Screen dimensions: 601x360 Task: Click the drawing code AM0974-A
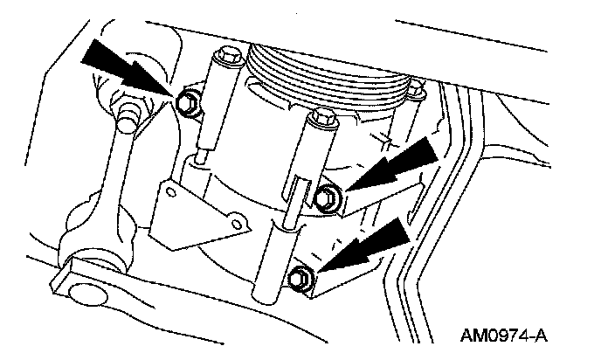tap(504, 336)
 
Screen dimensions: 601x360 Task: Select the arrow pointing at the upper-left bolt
tap(127, 69)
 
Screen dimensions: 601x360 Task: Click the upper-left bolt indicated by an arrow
tap(187, 103)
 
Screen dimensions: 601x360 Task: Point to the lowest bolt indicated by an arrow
tap(300, 277)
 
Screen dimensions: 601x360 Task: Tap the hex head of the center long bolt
tap(322, 117)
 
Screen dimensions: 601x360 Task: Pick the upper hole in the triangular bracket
tap(171, 192)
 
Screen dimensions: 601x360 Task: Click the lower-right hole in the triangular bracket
tap(238, 225)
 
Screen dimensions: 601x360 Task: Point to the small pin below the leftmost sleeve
tap(200, 156)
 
